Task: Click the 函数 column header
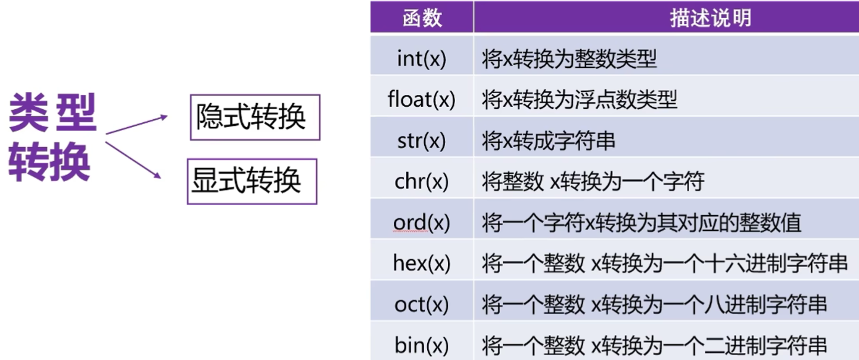(422, 18)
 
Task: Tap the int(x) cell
(422, 58)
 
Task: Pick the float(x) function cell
(422, 99)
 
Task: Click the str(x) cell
(422, 140)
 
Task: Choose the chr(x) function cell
(422, 181)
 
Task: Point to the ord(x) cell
(422, 222)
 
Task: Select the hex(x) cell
(422, 263)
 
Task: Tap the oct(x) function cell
(422, 304)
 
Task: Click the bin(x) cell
(422, 345)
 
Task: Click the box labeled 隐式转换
(255, 117)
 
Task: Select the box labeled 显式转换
(252, 181)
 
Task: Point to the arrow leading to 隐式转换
(137, 125)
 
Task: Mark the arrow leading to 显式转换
(134, 159)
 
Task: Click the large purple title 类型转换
(52, 137)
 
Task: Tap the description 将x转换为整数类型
(569, 58)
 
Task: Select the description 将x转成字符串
(548, 140)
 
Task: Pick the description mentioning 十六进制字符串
(664, 263)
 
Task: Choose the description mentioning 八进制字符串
(654, 304)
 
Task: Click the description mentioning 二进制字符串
(654, 345)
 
